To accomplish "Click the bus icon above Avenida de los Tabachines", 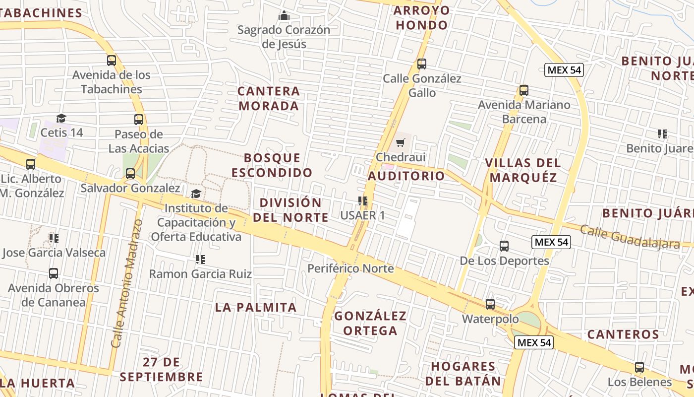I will coord(112,61).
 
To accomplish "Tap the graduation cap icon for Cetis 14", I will coord(61,118).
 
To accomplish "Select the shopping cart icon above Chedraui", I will coord(401,143).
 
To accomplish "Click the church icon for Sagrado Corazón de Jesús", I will coord(284,15).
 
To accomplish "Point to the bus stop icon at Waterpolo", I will coord(490,304).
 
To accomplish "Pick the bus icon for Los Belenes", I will coord(639,367).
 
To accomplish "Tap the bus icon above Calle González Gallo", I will coord(422,64).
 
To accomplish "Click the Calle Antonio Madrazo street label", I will coord(126,283).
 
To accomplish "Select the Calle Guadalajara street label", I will coord(630,237).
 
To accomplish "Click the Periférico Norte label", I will coord(350,268).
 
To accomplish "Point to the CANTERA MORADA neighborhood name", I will coord(269,98).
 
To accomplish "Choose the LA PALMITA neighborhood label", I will coord(256,307).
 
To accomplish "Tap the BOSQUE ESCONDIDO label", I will coord(272,165).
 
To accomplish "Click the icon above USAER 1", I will coord(363,201).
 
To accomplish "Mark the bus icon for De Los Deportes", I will coord(504,246).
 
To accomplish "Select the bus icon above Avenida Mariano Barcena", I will coord(524,90).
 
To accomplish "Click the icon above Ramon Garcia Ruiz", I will coord(200,259).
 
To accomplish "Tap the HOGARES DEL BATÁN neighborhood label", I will coord(463,374).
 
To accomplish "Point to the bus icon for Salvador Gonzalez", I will coord(130,174).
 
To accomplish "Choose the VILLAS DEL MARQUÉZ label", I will coord(523,170).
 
